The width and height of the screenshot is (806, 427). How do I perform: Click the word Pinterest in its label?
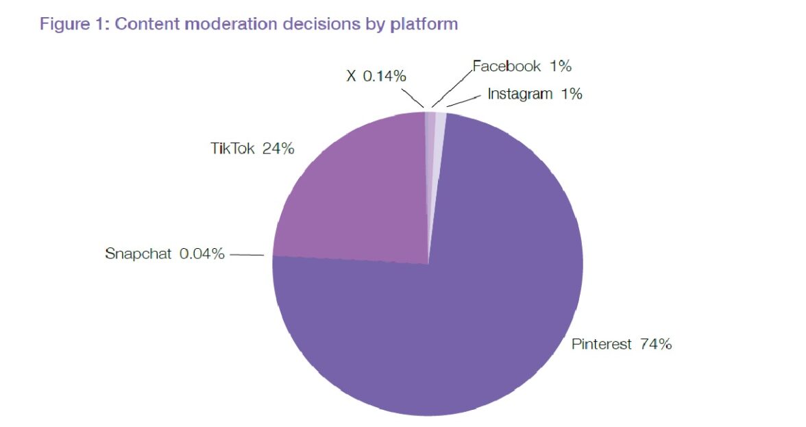point(601,344)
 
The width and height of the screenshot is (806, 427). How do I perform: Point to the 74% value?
point(655,344)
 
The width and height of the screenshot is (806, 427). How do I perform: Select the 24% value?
point(278,148)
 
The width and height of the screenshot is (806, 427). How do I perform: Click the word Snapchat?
point(138,254)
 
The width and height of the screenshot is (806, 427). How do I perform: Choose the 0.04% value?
point(201,254)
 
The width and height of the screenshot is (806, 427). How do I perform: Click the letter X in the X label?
point(351,76)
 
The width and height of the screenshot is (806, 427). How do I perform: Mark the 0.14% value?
point(384,76)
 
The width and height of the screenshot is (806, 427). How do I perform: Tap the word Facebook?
point(507,66)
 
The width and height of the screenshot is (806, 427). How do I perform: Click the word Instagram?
point(520,94)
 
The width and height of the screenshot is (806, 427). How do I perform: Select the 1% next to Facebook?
point(559,66)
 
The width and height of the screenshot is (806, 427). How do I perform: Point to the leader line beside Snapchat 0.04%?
point(247,255)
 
